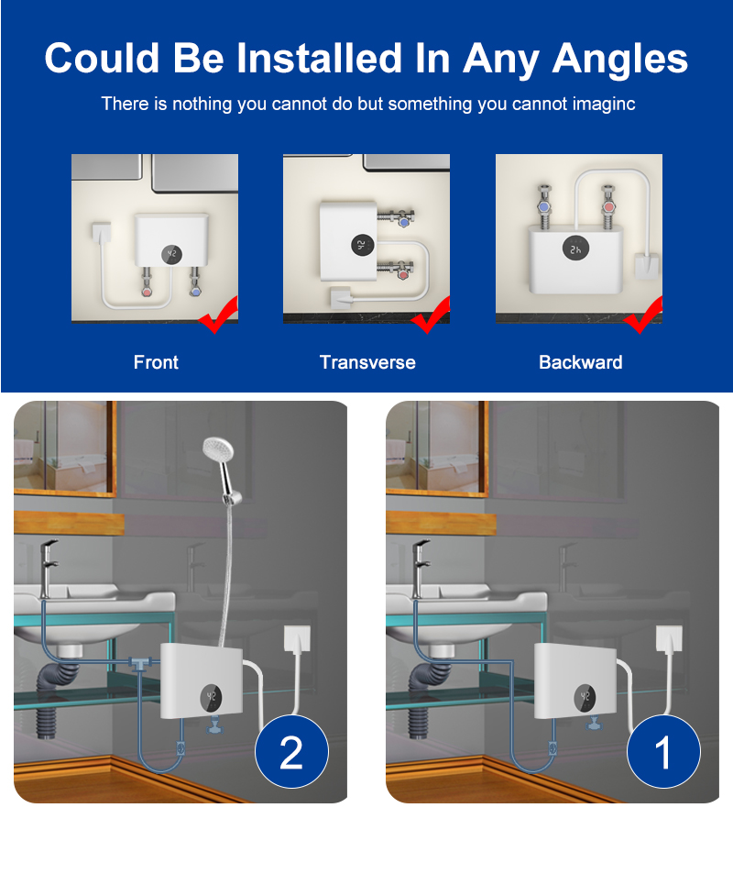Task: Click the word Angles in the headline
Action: (620, 59)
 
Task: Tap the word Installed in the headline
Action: (319, 58)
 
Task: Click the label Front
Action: (156, 362)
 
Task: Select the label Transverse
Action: (367, 362)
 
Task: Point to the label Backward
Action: (580, 362)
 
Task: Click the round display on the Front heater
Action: (171, 254)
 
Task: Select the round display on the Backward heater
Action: (575, 249)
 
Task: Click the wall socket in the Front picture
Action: (101, 232)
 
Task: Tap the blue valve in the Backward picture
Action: (544, 207)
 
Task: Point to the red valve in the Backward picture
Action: (608, 206)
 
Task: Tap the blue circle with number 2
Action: (292, 752)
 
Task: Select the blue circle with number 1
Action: (664, 752)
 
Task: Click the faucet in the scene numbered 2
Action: (49, 568)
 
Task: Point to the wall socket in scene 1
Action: (669, 639)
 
